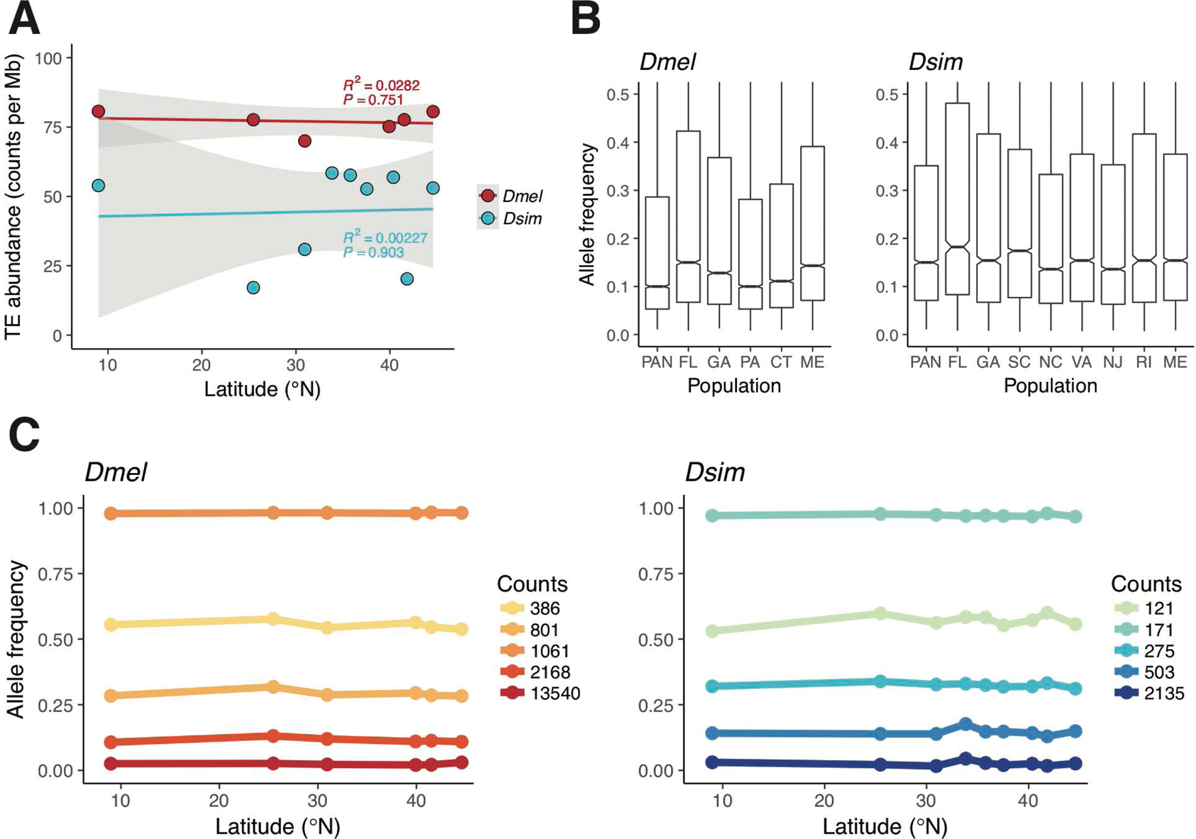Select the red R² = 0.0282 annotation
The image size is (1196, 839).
click(381, 85)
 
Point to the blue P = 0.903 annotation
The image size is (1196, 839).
click(373, 252)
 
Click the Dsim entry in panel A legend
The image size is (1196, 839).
click(522, 219)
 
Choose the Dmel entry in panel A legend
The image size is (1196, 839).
click(522, 196)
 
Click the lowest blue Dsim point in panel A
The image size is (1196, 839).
click(253, 288)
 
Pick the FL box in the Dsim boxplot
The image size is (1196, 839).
click(957, 199)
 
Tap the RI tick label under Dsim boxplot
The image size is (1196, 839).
click(1144, 362)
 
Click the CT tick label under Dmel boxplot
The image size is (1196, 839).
click(781, 362)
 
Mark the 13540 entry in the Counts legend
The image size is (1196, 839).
click(555, 694)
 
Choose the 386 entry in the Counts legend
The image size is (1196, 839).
click(545, 608)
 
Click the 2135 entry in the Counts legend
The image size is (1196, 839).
click(1164, 694)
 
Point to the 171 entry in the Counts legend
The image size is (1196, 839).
click(1159, 630)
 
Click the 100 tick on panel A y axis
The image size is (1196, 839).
click(48, 58)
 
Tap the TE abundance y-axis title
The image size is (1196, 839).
click(14, 197)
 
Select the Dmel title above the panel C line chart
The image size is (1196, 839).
click(116, 472)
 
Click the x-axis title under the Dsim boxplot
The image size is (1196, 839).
click(1050, 386)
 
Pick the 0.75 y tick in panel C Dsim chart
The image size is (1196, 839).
click(656, 574)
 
